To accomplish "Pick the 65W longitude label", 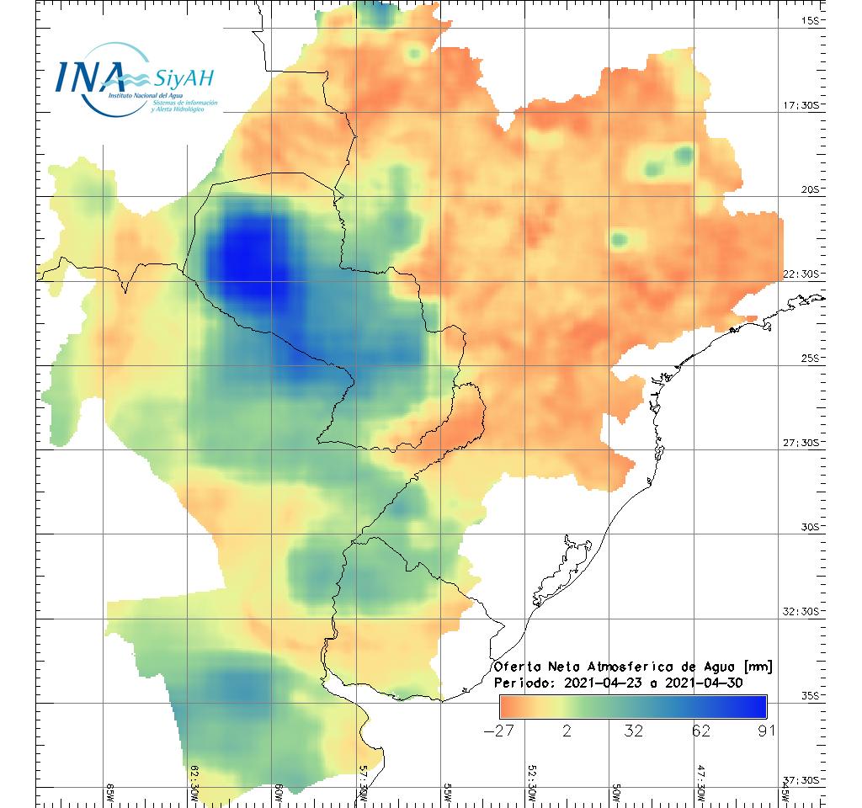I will (x=109, y=791).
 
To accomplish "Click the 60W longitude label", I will (x=279, y=791).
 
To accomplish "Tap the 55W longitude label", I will (x=447, y=791).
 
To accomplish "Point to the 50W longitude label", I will (x=616, y=791).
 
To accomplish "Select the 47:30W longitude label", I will (x=700, y=786).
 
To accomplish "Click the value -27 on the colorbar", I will (x=499, y=731).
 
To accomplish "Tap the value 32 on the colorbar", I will (x=634, y=731).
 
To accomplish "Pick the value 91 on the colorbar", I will (x=765, y=731).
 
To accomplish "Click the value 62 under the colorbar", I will (x=700, y=731).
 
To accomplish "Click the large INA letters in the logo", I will (x=90, y=76).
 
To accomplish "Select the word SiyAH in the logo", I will (x=184, y=78).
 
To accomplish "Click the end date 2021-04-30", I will (x=704, y=683).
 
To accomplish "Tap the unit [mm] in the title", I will (x=756, y=667).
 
